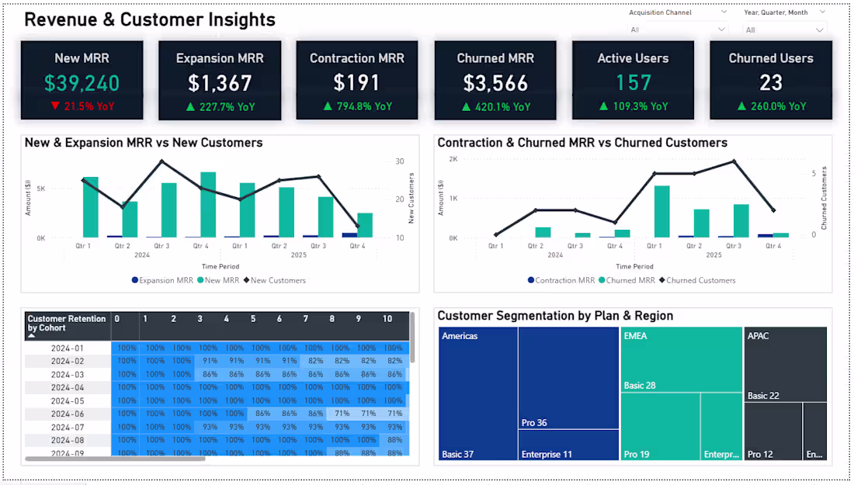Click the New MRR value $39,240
[x=82, y=83]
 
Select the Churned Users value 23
[x=771, y=83]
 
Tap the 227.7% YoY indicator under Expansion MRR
[x=220, y=107]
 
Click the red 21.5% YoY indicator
[x=82, y=106]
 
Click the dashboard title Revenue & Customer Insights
[x=150, y=20]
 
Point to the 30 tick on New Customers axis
[x=400, y=161]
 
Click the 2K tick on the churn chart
[x=453, y=159]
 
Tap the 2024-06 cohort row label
[x=68, y=414]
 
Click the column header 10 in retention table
[x=387, y=319]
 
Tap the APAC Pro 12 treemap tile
[x=772, y=431]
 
